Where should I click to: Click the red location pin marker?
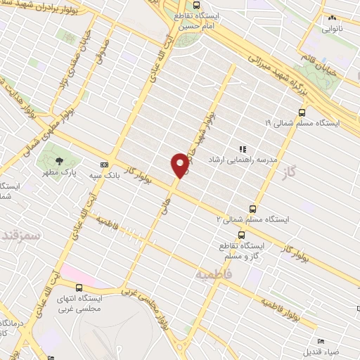(x=180, y=165)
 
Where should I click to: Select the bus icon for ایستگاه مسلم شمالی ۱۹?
(x=302, y=112)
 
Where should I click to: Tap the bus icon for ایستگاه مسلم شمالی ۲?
(x=252, y=208)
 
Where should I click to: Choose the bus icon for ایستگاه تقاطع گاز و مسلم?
(x=241, y=236)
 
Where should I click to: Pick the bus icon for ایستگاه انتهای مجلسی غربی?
(x=79, y=288)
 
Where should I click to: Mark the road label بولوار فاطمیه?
(x=281, y=310)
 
